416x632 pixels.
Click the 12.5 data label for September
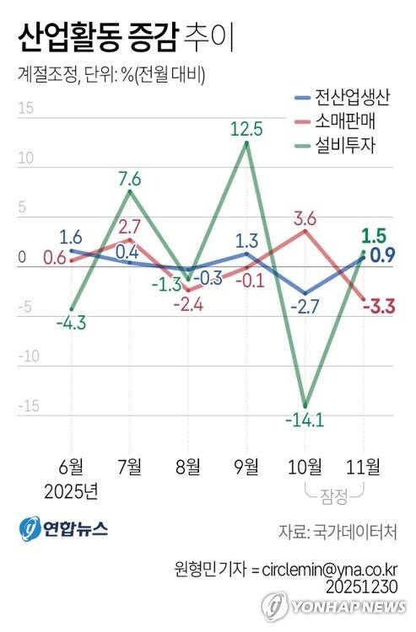coord(246,129)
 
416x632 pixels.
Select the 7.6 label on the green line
coord(129,178)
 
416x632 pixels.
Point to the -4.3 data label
coord(71,321)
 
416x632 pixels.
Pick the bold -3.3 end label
coord(379,305)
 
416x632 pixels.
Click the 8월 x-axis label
coord(187,467)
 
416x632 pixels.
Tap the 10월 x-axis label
coord(304,467)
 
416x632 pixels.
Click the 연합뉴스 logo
coord(63,529)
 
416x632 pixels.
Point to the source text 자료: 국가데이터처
coord(338,533)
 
